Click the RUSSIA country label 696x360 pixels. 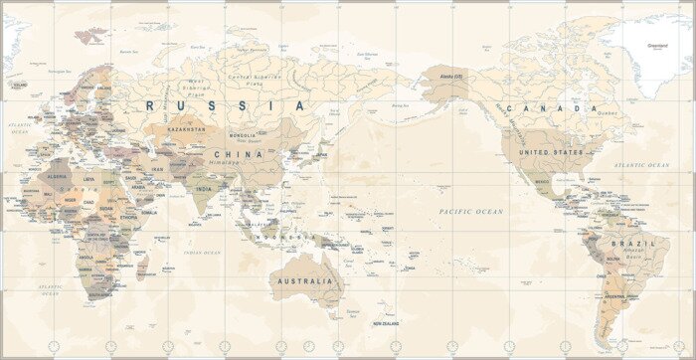[226, 104]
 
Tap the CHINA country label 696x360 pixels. [239, 154]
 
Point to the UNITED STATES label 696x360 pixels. [554, 152]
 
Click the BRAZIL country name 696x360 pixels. [632, 243]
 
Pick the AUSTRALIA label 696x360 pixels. [304, 281]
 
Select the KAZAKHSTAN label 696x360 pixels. [186, 129]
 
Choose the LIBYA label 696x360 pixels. [89, 179]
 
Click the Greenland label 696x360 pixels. [657, 45]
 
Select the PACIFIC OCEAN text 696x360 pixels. [471, 212]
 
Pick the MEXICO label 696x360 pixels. [543, 182]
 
